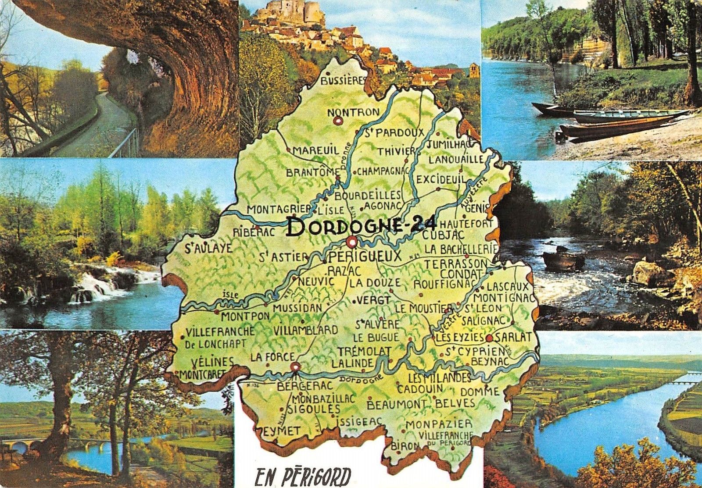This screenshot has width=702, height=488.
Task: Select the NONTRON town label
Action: [x=353, y=112]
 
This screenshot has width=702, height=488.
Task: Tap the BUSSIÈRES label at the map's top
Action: [x=344, y=80]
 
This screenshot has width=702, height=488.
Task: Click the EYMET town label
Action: [x=282, y=431]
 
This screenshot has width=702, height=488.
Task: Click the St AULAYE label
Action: [x=208, y=249]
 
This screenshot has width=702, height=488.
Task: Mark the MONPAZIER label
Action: [x=439, y=424]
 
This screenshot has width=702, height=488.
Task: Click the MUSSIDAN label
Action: [x=297, y=308]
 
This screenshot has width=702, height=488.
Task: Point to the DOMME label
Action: [x=480, y=391]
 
